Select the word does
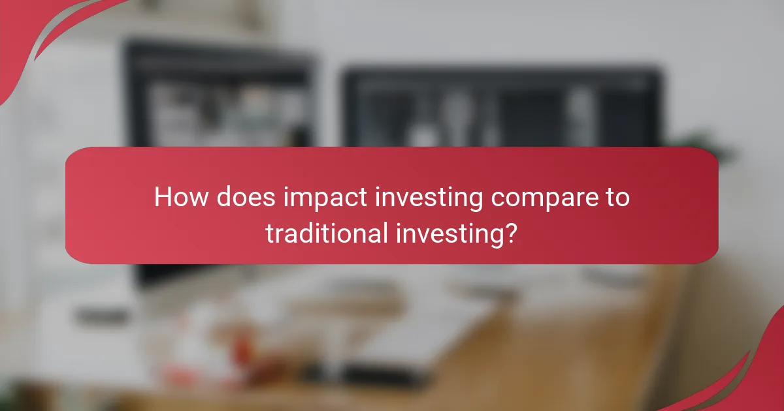[x=235, y=198]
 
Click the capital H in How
[x=162, y=198]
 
